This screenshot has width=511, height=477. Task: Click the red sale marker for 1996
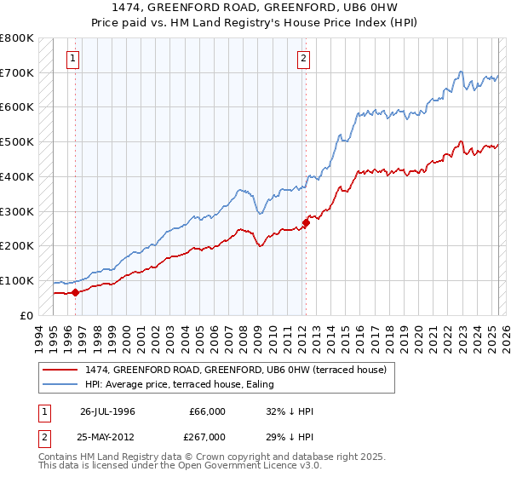click(x=75, y=292)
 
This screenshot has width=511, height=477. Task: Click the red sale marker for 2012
click(x=306, y=223)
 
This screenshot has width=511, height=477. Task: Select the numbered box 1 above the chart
click(x=74, y=59)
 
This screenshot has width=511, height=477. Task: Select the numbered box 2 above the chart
click(x=304, y=59)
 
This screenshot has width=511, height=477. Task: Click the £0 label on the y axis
click(x=27, y=315)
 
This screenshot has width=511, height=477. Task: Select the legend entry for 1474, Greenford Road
click(x=236, y=370)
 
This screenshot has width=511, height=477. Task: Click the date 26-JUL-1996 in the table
click(x=107, y=411)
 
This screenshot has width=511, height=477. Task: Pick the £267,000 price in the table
click(x=207, y=436)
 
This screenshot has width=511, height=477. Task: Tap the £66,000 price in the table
click(x=207, y=411)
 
